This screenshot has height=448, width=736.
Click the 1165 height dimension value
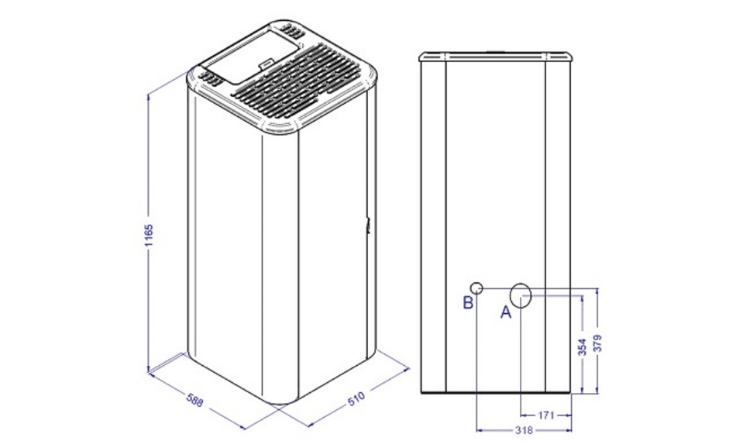pos(149,236)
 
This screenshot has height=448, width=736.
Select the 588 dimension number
pos(194,400)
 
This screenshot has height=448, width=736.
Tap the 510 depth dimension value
pos(356,398)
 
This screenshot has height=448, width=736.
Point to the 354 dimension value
pos(582,347)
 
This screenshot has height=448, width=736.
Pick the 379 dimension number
pos(597,343)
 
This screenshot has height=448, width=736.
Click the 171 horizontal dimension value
pos(546,415)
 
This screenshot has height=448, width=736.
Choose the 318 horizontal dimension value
pos(524,430)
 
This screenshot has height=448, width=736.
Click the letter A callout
pos(506,312)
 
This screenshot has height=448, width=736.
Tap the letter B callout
pos(468,303)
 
